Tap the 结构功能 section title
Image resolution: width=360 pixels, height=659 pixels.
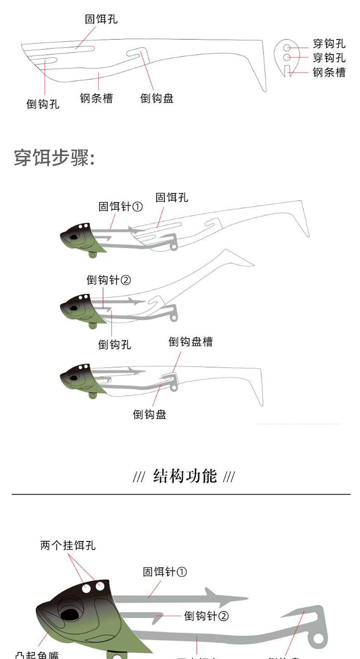[184, 477]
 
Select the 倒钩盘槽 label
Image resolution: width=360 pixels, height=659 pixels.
[190, 342]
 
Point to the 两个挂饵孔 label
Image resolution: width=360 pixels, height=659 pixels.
[68, 546]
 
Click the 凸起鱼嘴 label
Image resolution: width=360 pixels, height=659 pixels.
[37, 654]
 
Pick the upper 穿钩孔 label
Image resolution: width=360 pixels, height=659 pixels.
[329, 44]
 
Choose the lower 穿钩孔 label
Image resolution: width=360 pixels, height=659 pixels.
[329, 58]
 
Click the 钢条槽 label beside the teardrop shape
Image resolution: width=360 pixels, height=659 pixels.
[329, 72]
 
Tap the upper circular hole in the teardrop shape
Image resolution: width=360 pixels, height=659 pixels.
[287, 48]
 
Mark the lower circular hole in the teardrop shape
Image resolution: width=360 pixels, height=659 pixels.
[287, 58]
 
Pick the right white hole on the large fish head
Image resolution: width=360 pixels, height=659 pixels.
[100, 586]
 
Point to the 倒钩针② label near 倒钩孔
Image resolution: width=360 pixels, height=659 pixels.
[108, 280]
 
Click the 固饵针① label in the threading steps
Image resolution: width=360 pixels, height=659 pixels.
[120, 207]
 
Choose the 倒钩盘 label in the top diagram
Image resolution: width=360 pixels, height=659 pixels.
[156, 98]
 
